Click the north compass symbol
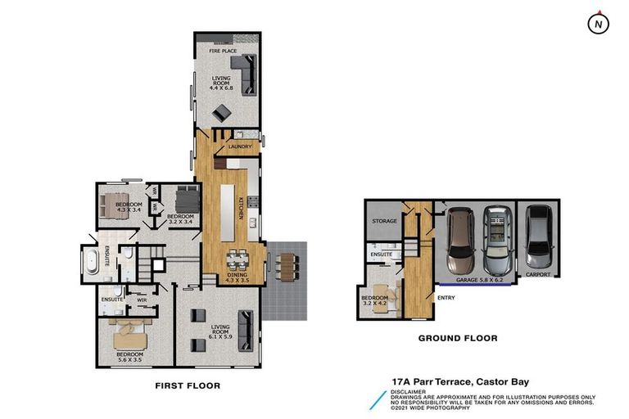tap(599, 24)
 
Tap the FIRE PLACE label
tap(221, 52)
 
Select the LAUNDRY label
tap(240, 147)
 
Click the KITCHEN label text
tap(241, 208)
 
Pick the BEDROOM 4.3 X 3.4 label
tap(129, 207)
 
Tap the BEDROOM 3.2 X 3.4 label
tap(181, 219)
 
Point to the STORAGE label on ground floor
tap(384, 222)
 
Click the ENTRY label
tap(446, 298)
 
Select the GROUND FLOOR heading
tap(458, 338)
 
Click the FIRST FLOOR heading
tap(188, 385)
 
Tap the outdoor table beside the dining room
tap(285, 267)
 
